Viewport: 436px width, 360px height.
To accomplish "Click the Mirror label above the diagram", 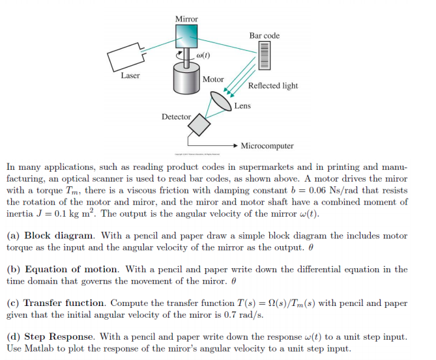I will (186, 19).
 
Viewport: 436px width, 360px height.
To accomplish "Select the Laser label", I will (130, 76).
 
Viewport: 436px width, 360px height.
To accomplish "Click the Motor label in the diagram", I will (213, 79).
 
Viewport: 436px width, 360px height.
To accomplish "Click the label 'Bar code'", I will (264, 35).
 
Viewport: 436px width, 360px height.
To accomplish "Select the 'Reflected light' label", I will (273, 85).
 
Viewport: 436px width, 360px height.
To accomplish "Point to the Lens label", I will (242, 105).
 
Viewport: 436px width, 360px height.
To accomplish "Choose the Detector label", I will (177, 117).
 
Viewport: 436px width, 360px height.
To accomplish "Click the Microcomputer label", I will (267, 146).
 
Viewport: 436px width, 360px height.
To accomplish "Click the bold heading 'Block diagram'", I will (59, 236).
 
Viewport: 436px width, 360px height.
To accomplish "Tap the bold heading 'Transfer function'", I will (65, 303).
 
